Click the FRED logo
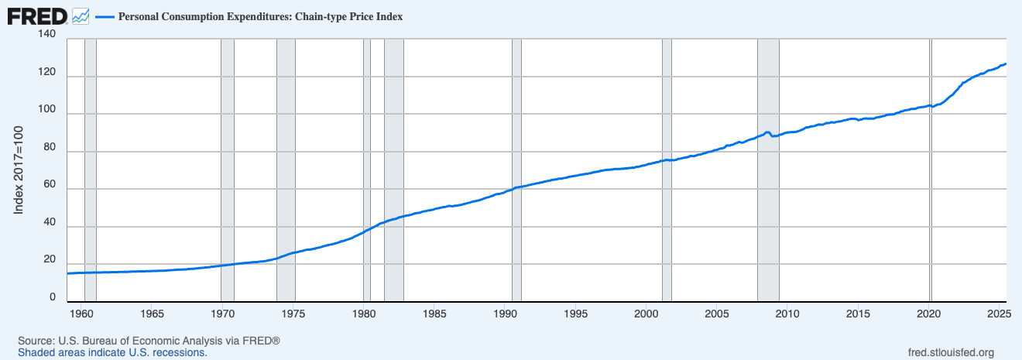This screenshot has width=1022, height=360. coord(37,15)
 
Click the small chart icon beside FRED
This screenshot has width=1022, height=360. coord(81,15)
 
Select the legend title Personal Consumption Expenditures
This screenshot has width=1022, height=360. coord(260,16)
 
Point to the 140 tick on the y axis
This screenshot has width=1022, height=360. coord(46,35)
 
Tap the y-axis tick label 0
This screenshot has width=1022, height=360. coord(52,297)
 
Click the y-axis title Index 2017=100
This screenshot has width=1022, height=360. coord(19,170)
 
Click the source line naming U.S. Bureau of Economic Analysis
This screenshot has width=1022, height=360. coord(149,341)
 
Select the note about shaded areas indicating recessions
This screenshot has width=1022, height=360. coord(112,352)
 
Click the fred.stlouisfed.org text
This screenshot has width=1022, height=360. coord(950,352)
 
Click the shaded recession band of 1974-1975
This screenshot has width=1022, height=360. coord(286,170)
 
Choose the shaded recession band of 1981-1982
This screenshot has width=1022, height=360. coord(394,170)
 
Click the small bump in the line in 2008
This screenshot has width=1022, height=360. coord(766,132)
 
